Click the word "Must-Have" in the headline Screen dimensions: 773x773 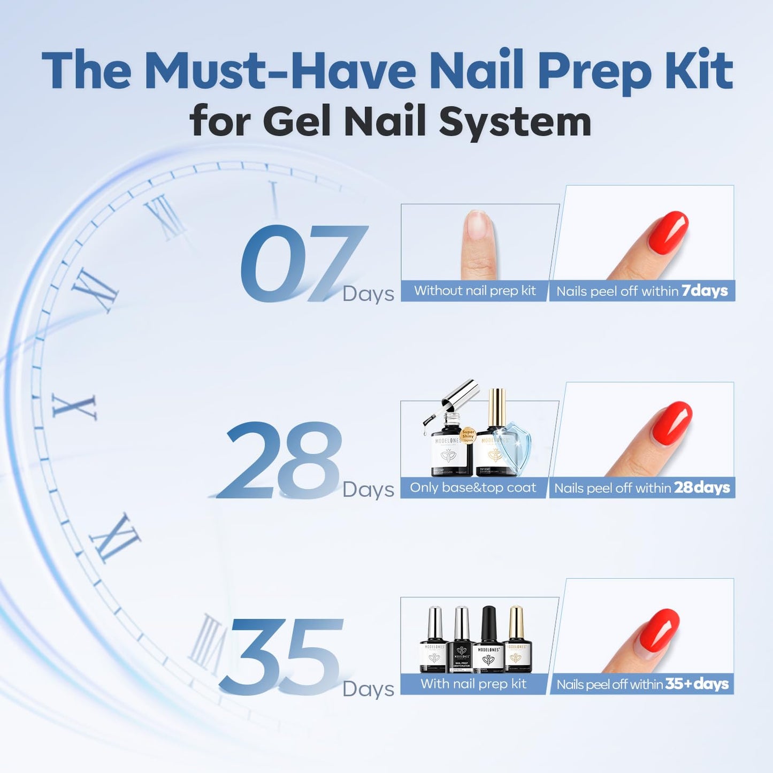click(280, 71)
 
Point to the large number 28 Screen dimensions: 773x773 click(281, 461)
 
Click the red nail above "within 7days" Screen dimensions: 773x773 click(668, 232)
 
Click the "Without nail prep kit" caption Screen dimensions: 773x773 click(474, 290)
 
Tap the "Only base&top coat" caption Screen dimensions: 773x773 click(473, 487)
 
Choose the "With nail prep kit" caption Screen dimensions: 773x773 click(473, 684)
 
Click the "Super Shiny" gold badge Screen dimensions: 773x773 click(468, 434)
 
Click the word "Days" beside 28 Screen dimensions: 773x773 click(368, 489)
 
